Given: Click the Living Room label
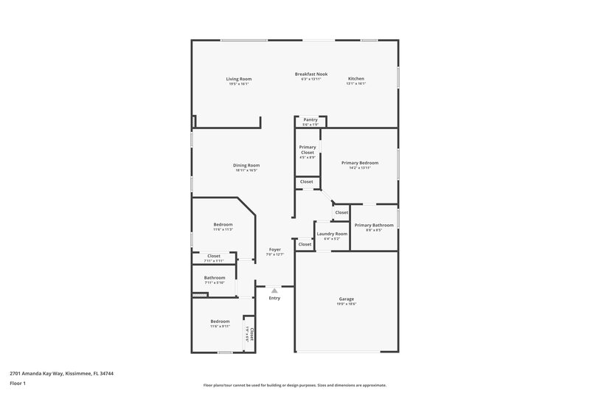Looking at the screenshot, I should (x=238, y=79).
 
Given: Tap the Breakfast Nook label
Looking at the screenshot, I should (x=311, y=74).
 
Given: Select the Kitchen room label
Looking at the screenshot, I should (x=356, y=79).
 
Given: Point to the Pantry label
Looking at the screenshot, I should (x=310, y=119).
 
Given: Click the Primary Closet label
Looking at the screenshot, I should (x=308, y=150).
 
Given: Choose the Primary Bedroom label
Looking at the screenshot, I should (x=360, y=162).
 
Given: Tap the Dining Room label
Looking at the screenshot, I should (x=246, y=165).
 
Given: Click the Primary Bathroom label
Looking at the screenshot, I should (x=373, y=225).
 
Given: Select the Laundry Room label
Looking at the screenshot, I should (x=332, y=234).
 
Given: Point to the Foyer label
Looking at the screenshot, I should (x=274, y=250).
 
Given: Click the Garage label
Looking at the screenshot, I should (x=347, y=299).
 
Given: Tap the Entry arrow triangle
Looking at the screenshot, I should (x=274, y=291).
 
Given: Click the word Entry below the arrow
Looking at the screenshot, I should (x=274, y=298).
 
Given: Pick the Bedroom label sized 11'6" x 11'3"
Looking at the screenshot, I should (x=223, y=224).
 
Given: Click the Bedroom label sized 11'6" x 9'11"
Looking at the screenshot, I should (x=220, y=321).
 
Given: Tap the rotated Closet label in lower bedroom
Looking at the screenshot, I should (x=251, y=334).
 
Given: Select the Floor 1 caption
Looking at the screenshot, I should (x=18, y=384).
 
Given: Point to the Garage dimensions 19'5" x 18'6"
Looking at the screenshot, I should (x=347, y=304).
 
